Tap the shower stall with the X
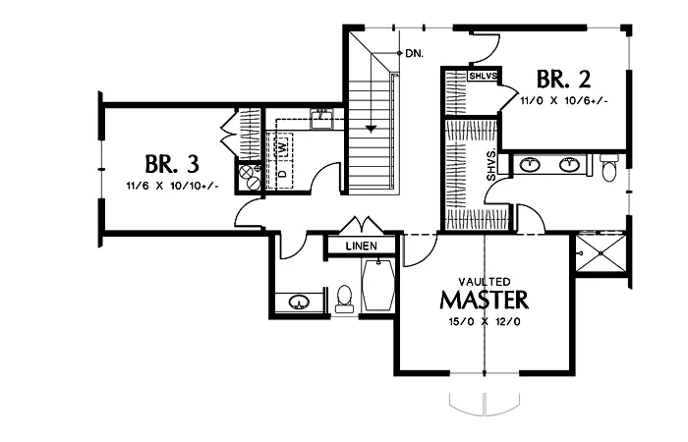click(x=602, y=253)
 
